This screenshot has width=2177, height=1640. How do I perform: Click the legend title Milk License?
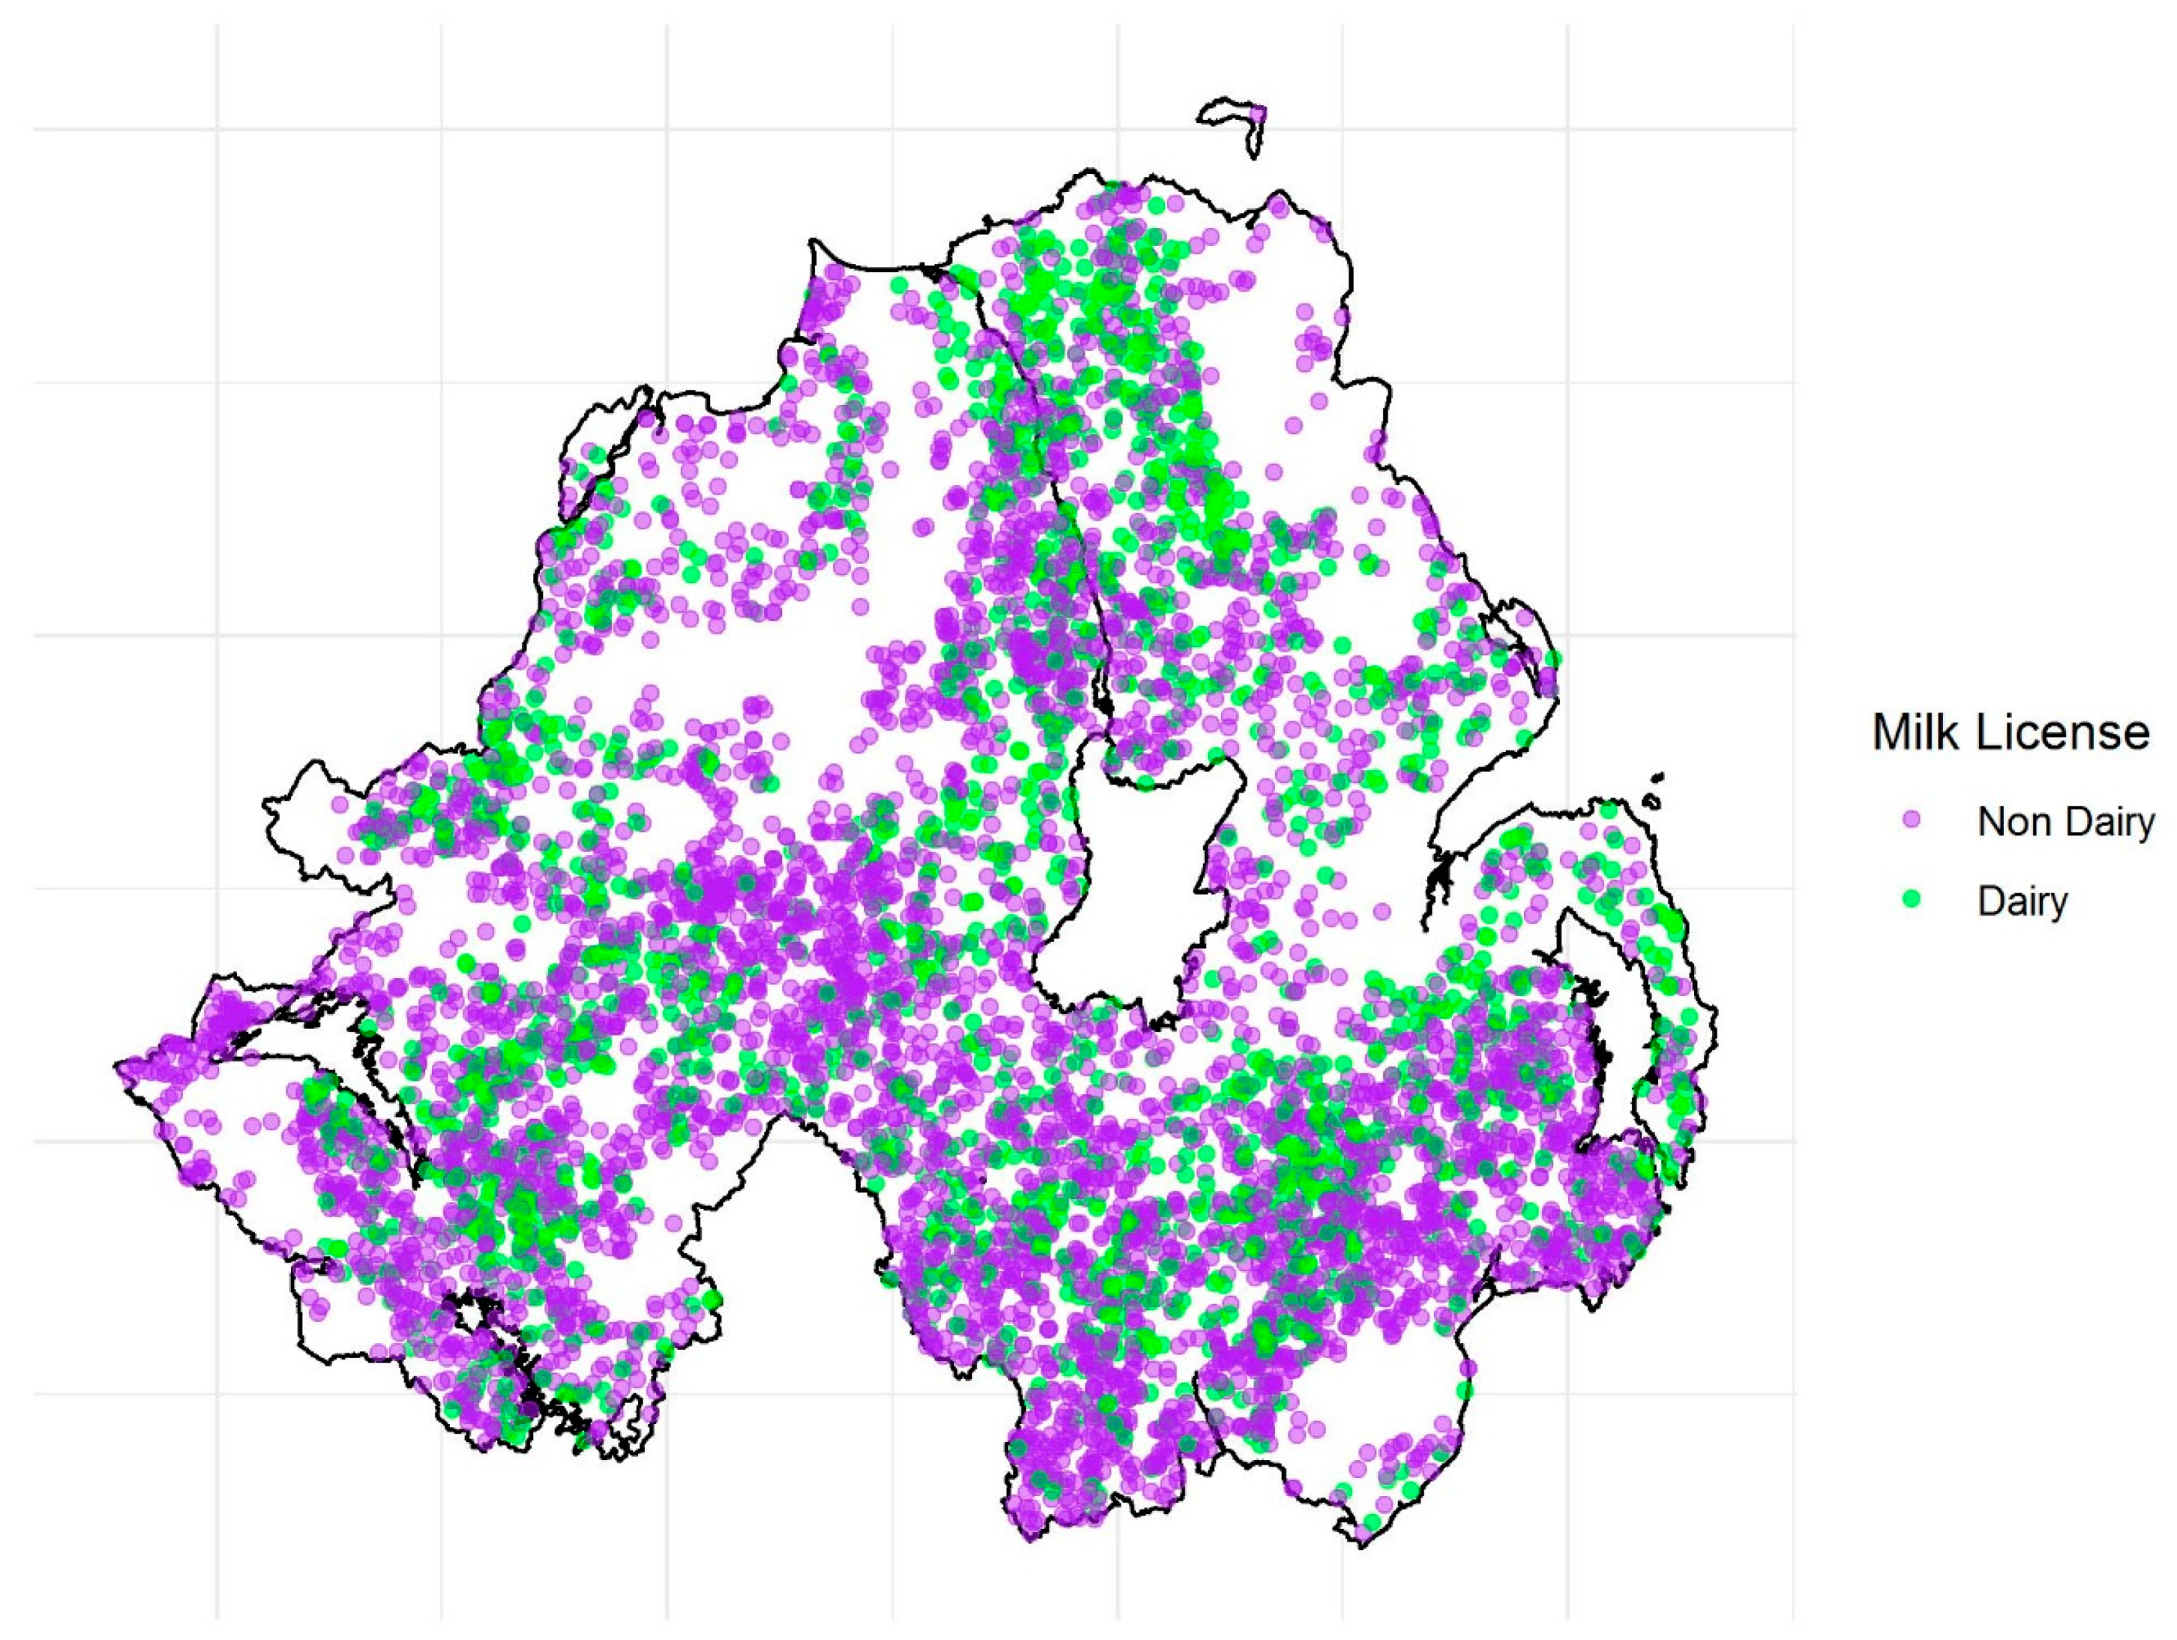tap(2010, 733)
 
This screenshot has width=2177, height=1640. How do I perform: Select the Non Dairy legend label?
tap(2065, 821)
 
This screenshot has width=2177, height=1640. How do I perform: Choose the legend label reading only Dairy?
tap(2022, 901)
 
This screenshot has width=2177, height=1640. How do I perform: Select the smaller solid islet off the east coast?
tap(1659, 777)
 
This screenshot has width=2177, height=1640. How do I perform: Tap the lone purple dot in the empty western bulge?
tap(340, 805)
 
